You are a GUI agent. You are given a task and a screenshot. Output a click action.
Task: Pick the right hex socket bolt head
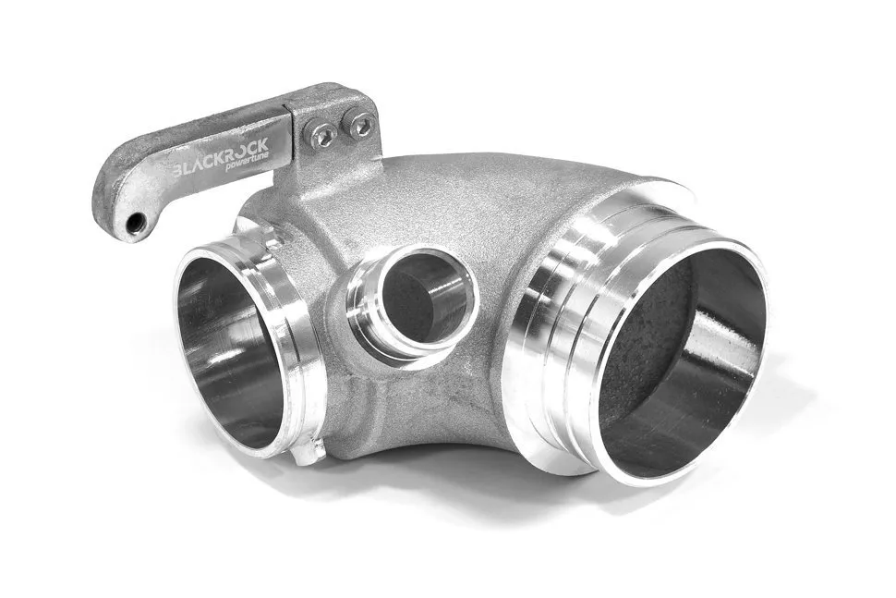pos(360,124)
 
